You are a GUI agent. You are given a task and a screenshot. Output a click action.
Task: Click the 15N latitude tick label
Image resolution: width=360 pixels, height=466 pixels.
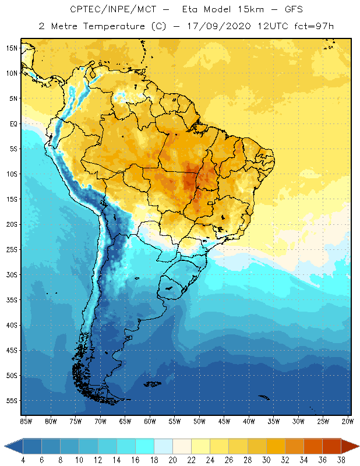(x=12, y=48)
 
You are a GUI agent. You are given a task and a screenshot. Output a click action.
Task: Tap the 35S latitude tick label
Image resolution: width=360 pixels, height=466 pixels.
(x=12, y=299)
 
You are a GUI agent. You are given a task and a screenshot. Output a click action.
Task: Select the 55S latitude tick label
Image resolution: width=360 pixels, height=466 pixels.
(x=12, y=400)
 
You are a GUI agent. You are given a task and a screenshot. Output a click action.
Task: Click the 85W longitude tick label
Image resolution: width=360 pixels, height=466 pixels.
(x=26, y=421)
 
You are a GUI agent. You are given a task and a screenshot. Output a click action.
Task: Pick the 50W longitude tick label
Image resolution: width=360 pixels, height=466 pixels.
(x=200, y=421)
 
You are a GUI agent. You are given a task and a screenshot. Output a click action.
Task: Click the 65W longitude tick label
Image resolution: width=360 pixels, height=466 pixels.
(x=125, y=421)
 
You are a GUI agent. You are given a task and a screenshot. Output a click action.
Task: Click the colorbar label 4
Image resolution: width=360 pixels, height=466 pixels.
(x=23, y=460)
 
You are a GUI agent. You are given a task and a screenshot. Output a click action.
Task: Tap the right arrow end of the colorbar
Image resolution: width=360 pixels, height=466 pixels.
(x=351, y=446)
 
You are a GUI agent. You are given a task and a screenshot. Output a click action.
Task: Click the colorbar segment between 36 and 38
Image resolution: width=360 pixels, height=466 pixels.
(x=332, y=446)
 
